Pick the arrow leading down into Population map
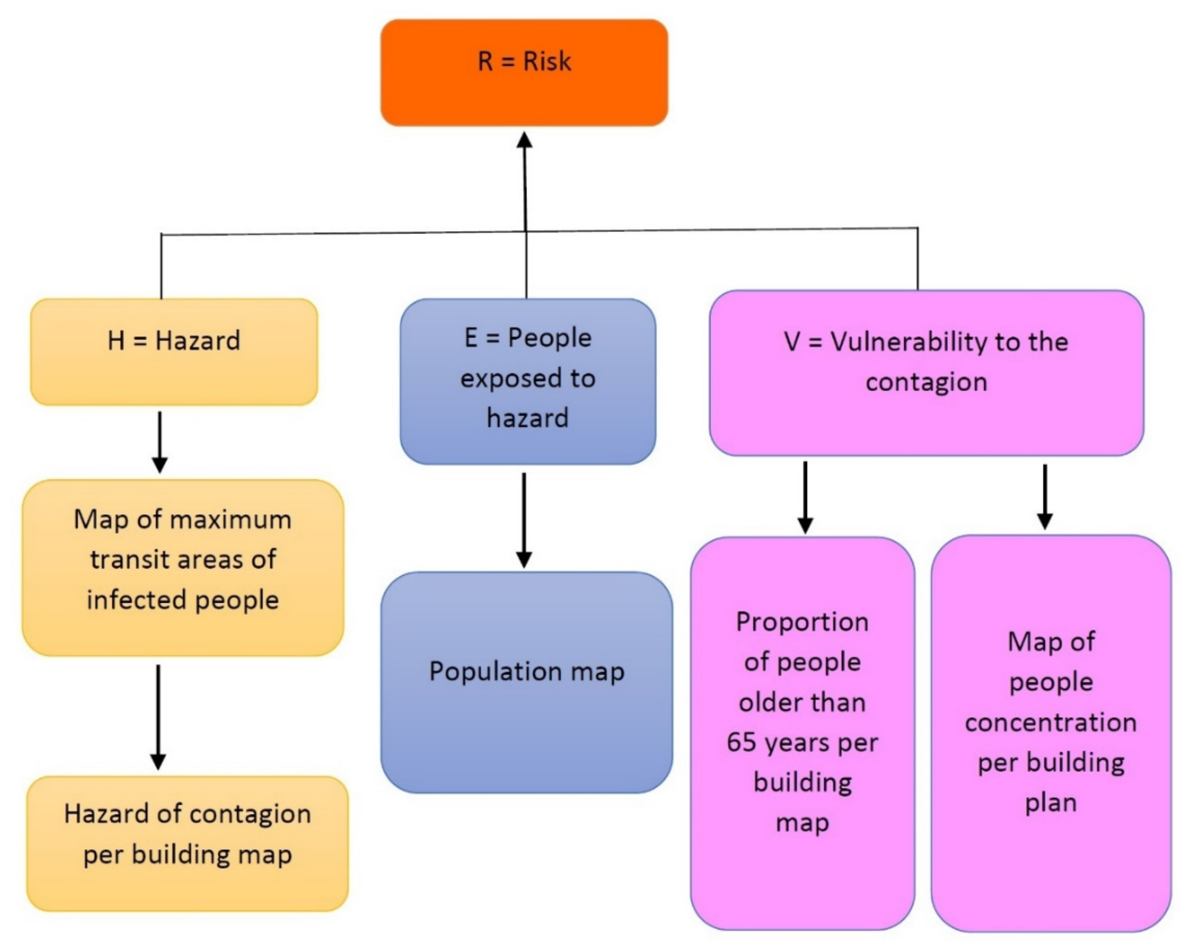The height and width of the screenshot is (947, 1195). click(x=524, y=521)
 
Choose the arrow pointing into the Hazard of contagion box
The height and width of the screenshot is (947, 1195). click(x=159, y=718)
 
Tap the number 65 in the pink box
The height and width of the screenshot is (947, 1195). click(x=741, y=742)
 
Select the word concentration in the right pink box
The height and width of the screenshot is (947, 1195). click(x=1050, y=722)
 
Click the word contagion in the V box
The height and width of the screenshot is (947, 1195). click(x=926, y=382)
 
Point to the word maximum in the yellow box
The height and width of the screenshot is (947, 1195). click(x=231, y=520)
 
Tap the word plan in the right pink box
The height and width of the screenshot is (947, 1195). click(x=1050, y=803)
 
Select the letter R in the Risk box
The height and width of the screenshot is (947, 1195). click(x=485, y=61)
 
